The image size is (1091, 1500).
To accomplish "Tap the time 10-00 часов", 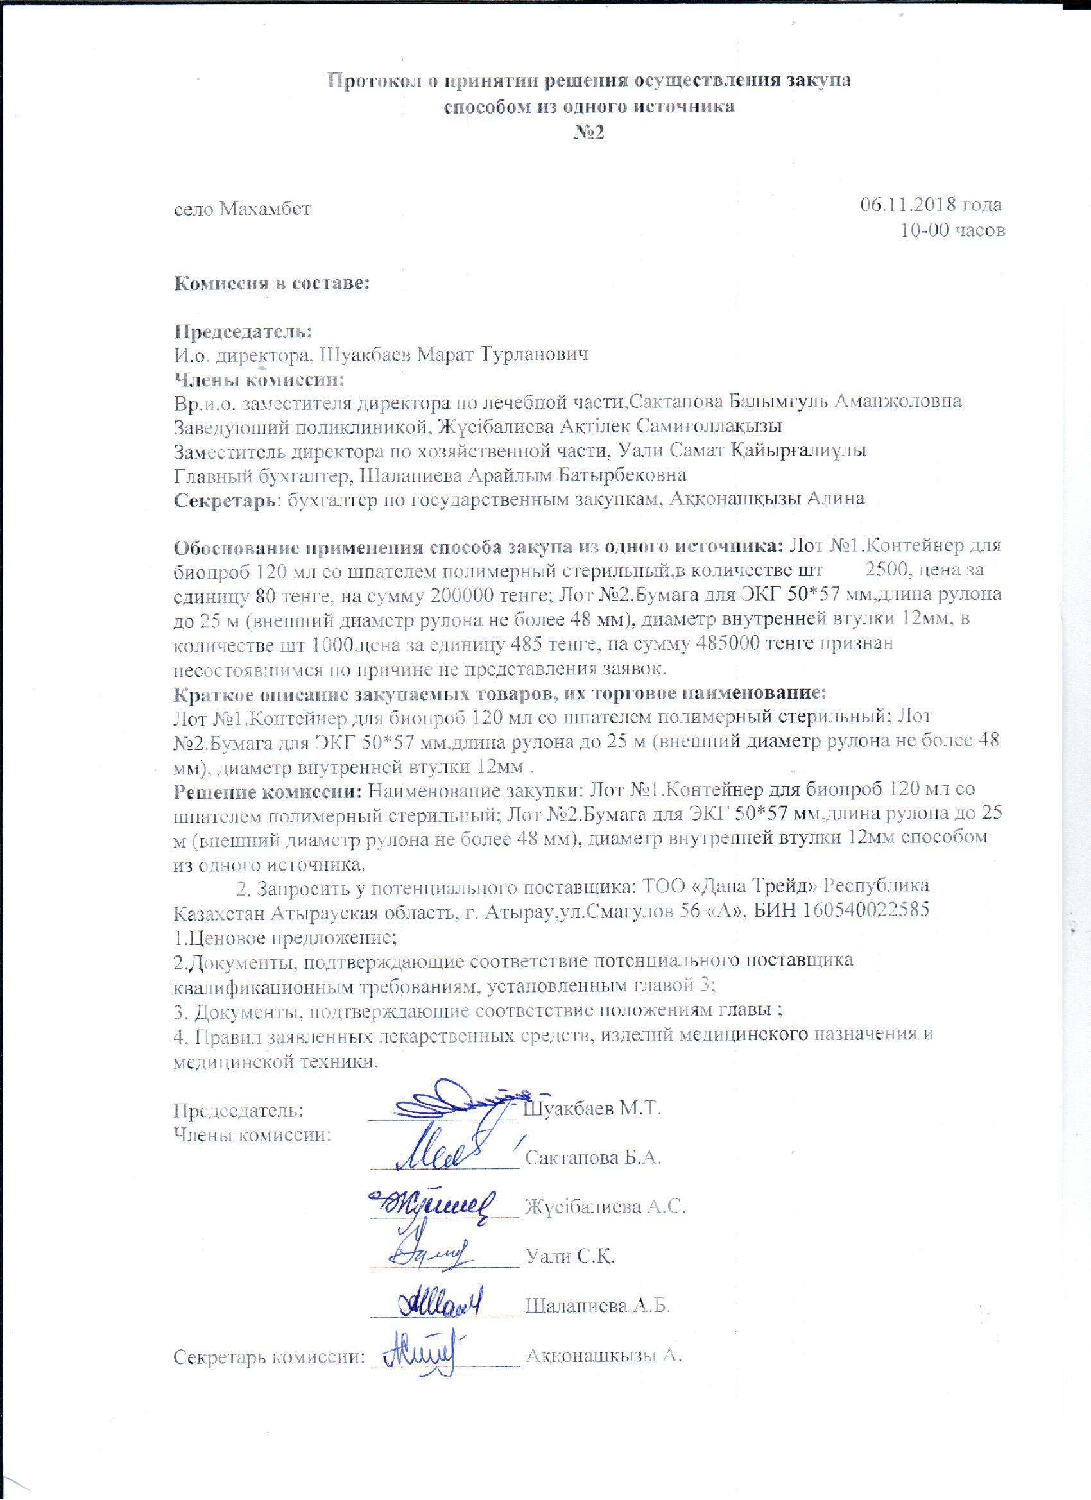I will (952, 230).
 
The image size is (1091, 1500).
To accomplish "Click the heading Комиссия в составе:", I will (271, 284).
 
